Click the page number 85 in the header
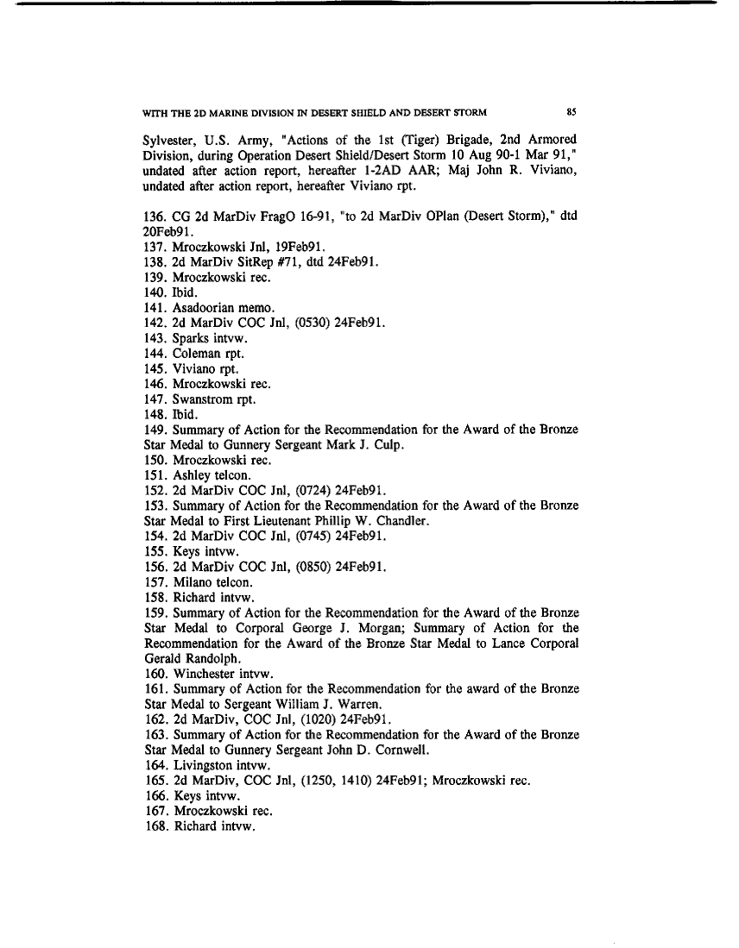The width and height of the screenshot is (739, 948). tap(572, 111)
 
